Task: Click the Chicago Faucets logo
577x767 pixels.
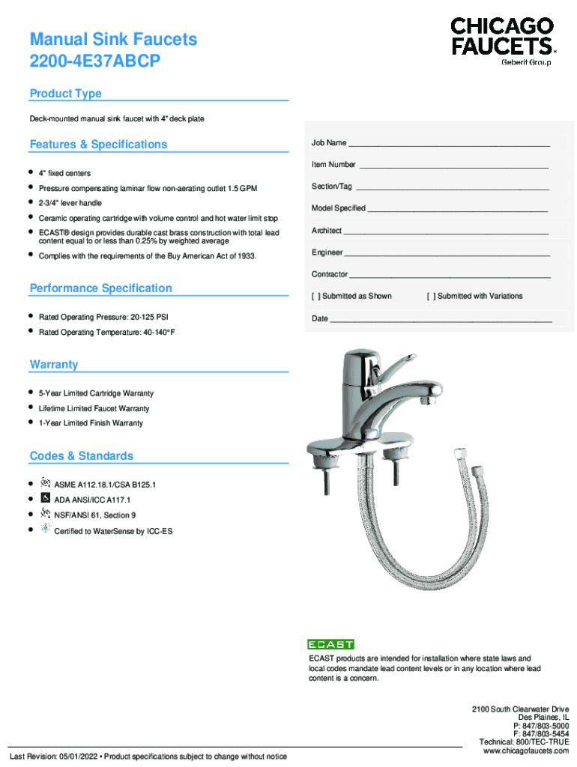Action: pos(502,41)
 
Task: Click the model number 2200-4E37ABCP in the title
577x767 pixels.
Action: pos(94,61)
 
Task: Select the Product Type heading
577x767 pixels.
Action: pos(65,94)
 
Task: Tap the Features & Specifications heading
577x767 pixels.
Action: pos(98,145)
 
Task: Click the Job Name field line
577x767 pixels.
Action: pos(450,144)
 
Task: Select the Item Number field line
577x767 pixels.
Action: pos(453,166)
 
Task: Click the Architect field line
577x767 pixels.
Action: pos(446,231)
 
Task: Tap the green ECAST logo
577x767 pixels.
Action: pos(330,644)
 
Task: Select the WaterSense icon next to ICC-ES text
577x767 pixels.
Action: pos(45,529)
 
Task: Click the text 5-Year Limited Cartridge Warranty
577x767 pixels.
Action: pos(96,393)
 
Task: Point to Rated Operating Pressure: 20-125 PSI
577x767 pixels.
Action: pos(103,317)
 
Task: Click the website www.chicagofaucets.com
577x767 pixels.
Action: pos(526,751)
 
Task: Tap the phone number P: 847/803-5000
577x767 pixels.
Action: pos(540,726)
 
